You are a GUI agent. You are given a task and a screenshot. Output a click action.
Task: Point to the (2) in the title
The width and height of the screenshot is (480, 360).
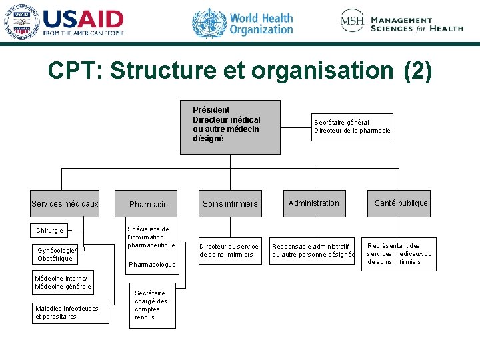[x=417, y=71]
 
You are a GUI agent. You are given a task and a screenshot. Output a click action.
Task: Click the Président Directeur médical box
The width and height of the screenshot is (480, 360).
[x=229, y=127]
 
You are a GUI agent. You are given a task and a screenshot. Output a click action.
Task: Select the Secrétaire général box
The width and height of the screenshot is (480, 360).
[x=352, y=126]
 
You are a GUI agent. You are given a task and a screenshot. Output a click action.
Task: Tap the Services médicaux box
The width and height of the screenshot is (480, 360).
[x=65, y=203]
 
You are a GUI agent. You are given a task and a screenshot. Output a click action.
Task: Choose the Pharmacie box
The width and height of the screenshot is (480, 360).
[x=149, y=204]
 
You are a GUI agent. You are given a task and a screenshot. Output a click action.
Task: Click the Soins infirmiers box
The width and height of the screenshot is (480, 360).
[x=230, y=203]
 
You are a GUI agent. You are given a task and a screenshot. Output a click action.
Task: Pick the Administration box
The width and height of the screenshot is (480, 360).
[x=313, y=203]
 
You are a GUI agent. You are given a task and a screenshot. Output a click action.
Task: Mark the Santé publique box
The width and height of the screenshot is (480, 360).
[x=401, y=203]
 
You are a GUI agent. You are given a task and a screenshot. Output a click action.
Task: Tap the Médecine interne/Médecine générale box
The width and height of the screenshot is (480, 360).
[x=63, y=282]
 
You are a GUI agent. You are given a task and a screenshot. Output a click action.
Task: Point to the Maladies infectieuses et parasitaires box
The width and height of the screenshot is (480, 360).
[x=70, y=312]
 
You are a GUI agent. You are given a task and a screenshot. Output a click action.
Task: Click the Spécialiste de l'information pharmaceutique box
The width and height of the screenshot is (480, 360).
[x=151, y=237]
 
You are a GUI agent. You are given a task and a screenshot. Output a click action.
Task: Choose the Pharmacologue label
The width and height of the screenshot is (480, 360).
[x=152, y=265]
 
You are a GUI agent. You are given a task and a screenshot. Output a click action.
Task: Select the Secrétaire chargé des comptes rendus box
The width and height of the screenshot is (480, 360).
[x=153, y=305]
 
